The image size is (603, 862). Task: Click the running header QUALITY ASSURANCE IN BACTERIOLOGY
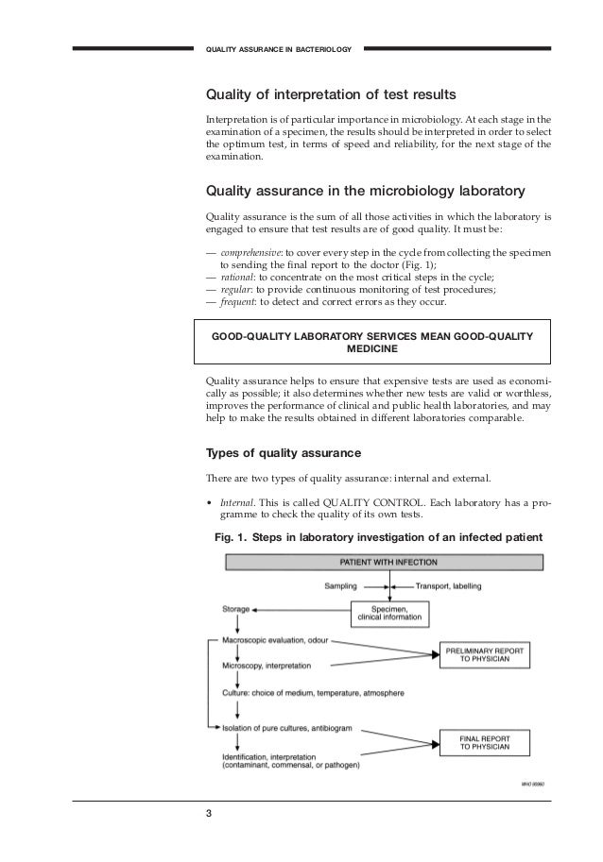pyautogui.click(x=279, y=48)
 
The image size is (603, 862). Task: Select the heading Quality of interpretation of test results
pyautogui.click(x=332, y=96)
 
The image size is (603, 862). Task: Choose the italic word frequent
pyautogui.click(x=238, y=303)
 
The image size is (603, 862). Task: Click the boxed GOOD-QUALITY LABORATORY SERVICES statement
pyautogui.click(x=371, y=343)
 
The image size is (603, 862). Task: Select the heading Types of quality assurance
pyautogui.click(x=284, y=450)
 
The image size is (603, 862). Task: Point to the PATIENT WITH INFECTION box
pyautogui.click(x=383, y=563)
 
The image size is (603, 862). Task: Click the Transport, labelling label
pyautogui.click(x=441, y=586)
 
